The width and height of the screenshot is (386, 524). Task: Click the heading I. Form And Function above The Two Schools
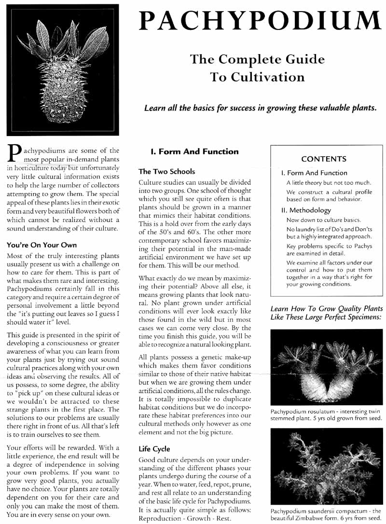tap(194, 152)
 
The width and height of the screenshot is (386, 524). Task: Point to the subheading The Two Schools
tap(166, 171)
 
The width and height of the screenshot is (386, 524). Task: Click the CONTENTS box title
tap(323, 159)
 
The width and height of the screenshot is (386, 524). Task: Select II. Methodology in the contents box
tap(306, 210)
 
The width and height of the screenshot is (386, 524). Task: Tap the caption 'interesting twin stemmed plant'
tap(326, 414)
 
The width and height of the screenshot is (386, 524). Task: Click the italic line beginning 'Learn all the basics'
tap(260, 108)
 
